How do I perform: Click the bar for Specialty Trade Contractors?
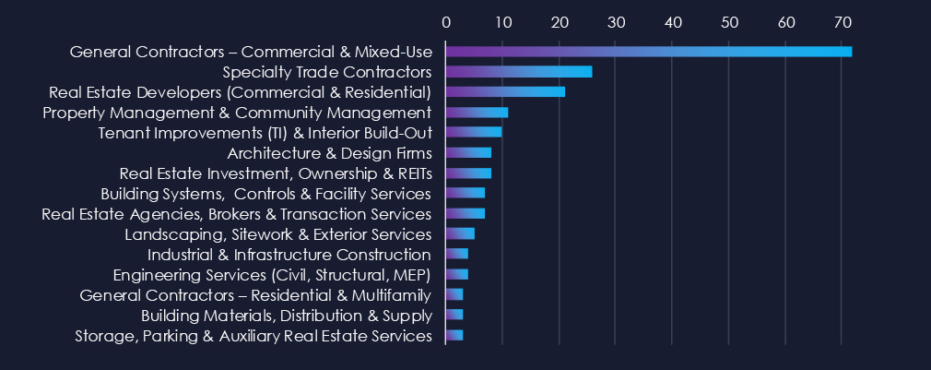point(519,71)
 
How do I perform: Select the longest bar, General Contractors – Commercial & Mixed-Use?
point(648,51)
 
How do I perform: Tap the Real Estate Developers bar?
point(505,91)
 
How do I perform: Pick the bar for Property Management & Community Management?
point(477,112)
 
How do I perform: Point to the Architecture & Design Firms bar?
point(468,152)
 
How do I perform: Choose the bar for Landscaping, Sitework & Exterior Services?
point(460,233)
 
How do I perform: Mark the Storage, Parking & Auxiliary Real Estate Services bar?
point(454,335)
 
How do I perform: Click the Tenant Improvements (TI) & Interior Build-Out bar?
point(474,132)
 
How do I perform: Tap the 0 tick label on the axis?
point(446,20)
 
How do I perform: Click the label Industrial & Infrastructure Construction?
point(289,255)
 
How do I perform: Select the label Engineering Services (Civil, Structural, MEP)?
point(272,275)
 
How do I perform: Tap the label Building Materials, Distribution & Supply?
point(286,316)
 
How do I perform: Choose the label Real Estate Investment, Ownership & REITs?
point(276,173)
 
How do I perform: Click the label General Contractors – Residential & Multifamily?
point(255,295)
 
